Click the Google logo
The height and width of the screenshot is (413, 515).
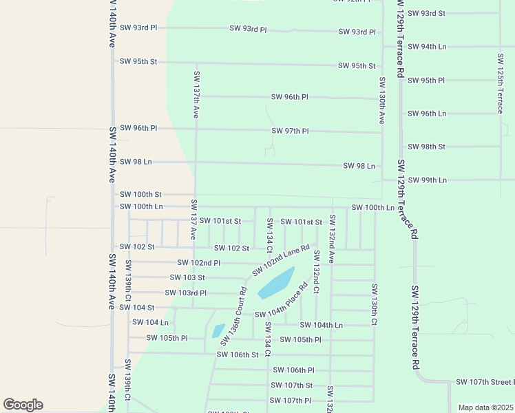[23, 405]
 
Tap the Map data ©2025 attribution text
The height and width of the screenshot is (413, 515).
[485, 407]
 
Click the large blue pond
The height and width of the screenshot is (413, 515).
[276, 283]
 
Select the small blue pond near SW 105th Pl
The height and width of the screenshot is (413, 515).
[218, 330]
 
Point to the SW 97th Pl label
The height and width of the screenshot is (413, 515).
[290, 131]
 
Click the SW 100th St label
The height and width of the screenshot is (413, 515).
[140, 195]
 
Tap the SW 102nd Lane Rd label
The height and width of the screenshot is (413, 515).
[280, 260]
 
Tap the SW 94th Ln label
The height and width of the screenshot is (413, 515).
[427, 47]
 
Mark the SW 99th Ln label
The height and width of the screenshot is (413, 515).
[427, 180]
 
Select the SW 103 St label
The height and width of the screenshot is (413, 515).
[187, 277]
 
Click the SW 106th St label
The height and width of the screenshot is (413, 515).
[237, 354]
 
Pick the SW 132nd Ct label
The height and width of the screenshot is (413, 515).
[316, 272]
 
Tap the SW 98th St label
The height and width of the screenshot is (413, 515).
[426, 147]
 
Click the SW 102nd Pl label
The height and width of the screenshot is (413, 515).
[198, 262]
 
